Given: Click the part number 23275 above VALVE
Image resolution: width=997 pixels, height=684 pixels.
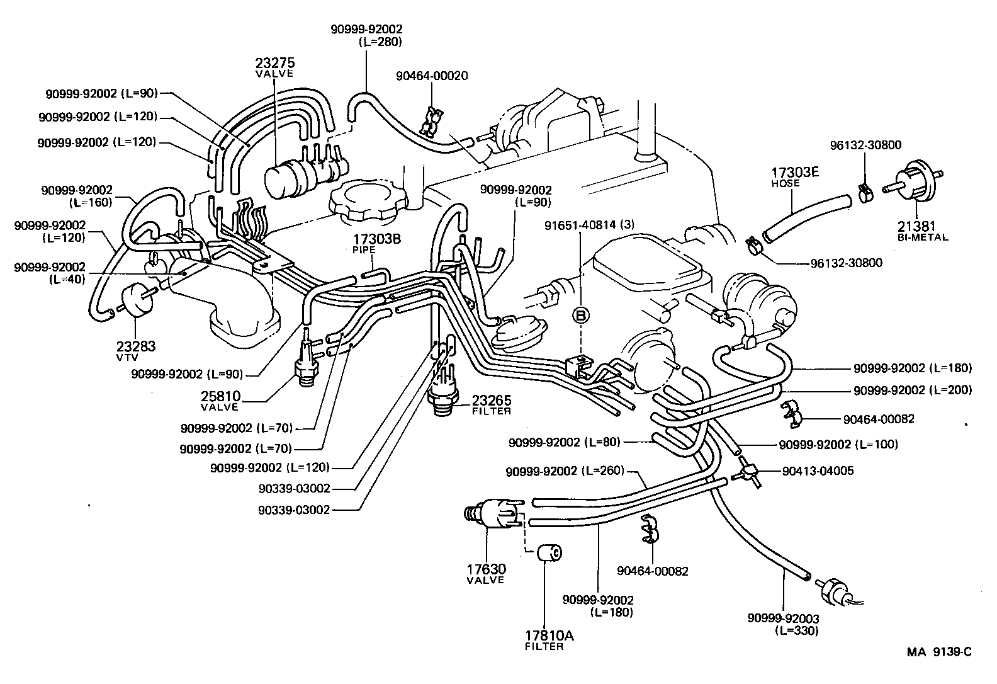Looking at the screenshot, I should click(x=275, y=63).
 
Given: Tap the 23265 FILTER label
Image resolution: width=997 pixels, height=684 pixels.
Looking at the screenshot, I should click(x=492, y=404).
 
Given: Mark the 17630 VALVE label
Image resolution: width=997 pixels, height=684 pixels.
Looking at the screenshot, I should click(x=486, y=574).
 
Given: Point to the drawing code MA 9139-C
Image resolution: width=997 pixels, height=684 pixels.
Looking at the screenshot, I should click(x=938, y=653).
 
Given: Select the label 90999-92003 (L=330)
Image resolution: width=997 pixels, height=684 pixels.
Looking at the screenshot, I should click(x=784, y=624).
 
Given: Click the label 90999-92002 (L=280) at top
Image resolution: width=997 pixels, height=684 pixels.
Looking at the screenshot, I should click(x=366, y=35).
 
